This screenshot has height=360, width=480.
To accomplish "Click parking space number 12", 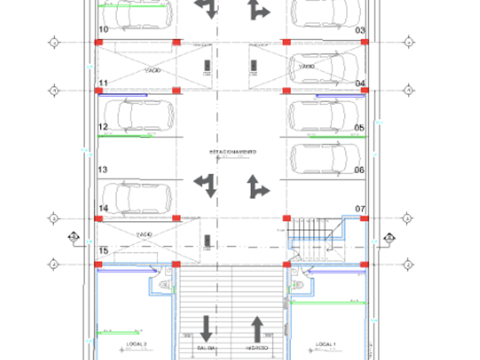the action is pos(103,127).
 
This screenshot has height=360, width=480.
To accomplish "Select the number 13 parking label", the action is pos(103,170).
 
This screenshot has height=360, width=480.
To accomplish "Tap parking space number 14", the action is pos(103,209).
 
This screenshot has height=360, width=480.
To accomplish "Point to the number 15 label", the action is pos(103,251).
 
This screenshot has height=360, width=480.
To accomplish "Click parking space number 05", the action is pos(359,127).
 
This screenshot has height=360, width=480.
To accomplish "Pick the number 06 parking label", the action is pos(359,170).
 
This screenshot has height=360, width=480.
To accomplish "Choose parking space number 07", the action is pos(360,209).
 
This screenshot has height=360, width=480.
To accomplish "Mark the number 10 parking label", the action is pos(103,29).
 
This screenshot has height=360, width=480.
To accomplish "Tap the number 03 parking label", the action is pos(360,30).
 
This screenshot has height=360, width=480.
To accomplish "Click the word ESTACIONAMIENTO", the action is pos(232,152).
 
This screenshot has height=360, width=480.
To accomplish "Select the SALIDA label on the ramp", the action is pos(206,348).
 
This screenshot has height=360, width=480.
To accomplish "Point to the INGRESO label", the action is pos(257,348).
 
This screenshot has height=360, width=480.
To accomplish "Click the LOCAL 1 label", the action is pos(326,344).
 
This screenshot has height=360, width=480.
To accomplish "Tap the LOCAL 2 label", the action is pos(137,344).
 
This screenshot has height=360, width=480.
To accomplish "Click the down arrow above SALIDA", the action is pos(206,329).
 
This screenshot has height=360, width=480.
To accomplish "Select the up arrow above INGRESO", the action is pos(257,329).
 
